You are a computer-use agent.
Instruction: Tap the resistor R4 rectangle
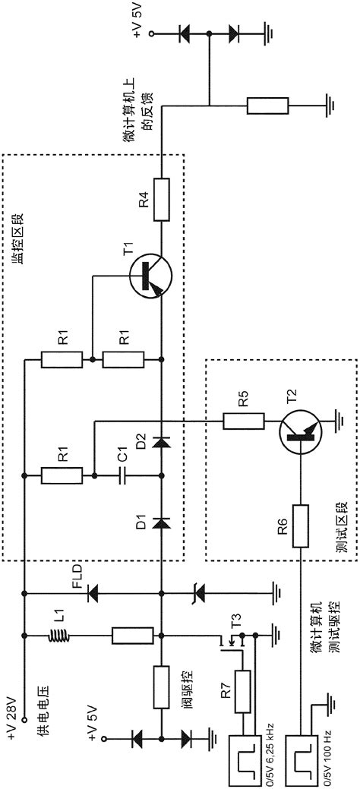(161, 199)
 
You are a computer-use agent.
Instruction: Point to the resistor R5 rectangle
(244, 419)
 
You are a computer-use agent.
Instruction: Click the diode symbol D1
(161, 522)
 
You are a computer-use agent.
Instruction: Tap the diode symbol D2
(161, 441)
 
